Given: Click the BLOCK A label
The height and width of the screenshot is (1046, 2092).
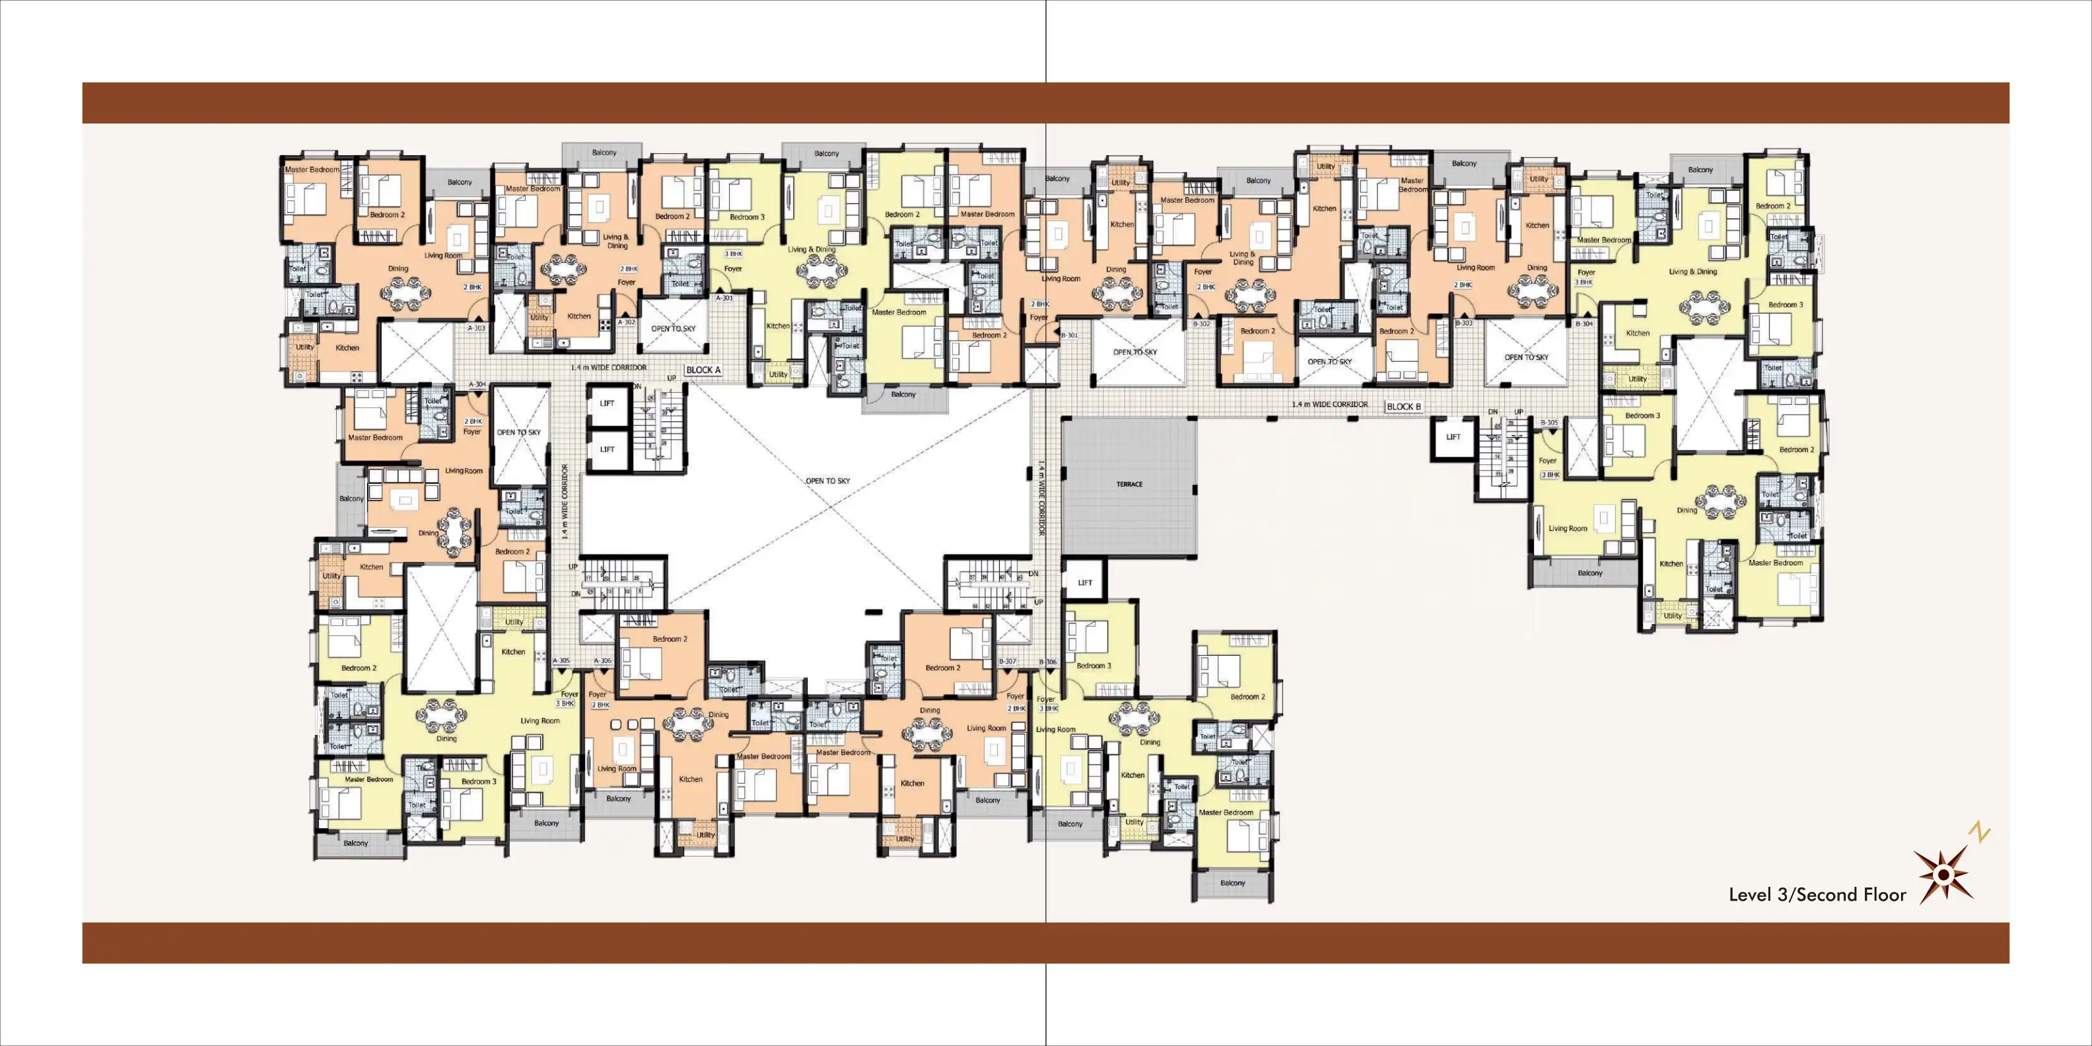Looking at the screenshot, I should coord(703,370).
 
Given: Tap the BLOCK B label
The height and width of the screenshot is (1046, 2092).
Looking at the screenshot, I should coord(1403,407).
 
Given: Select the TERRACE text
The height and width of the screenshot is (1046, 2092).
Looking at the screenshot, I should coord(1129,485).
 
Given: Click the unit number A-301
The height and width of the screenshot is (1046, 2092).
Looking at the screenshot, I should coord(724,298).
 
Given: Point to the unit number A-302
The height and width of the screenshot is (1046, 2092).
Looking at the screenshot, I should coord(626,322).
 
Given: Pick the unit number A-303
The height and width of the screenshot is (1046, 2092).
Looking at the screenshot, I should coord(477,328).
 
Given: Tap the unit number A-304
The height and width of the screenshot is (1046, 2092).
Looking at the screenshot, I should coord(477,384).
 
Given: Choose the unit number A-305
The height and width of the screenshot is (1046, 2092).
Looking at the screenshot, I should coord(561,661).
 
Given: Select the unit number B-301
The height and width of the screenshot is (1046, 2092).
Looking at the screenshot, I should coord(1070,335).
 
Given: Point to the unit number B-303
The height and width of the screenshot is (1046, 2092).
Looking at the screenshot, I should coord(1463,323).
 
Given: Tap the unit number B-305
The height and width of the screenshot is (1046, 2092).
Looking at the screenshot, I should coord(1549,423).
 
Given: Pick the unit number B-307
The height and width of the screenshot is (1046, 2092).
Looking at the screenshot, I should coord(1007,662).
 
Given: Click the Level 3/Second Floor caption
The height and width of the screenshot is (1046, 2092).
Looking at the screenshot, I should coord(1817,895).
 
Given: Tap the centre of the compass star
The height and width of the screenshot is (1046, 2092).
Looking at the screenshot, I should coord(1943,875).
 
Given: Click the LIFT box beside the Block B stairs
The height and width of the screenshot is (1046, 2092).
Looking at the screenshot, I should coord(1453,438).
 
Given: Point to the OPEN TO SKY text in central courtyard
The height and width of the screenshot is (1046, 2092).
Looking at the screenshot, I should coord(827,481).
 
